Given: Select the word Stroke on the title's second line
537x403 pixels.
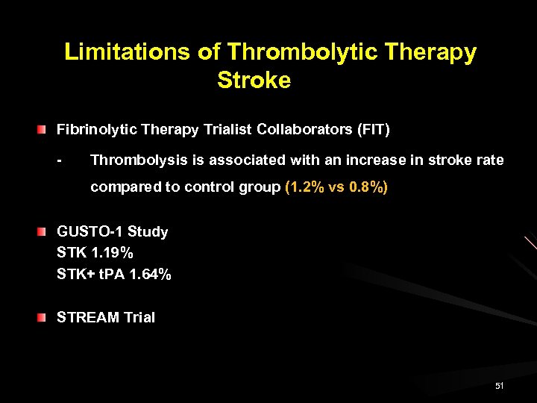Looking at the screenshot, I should (254, 80).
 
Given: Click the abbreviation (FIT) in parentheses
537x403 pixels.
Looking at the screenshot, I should (374, 130).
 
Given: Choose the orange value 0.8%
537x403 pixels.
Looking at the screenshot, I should (367, 187).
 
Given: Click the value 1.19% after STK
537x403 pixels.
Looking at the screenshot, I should (114, 253).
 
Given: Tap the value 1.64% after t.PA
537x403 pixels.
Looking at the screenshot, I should (150, 275).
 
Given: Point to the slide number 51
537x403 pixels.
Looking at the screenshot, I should (499, 386).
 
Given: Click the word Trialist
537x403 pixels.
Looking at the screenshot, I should (227, 130).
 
